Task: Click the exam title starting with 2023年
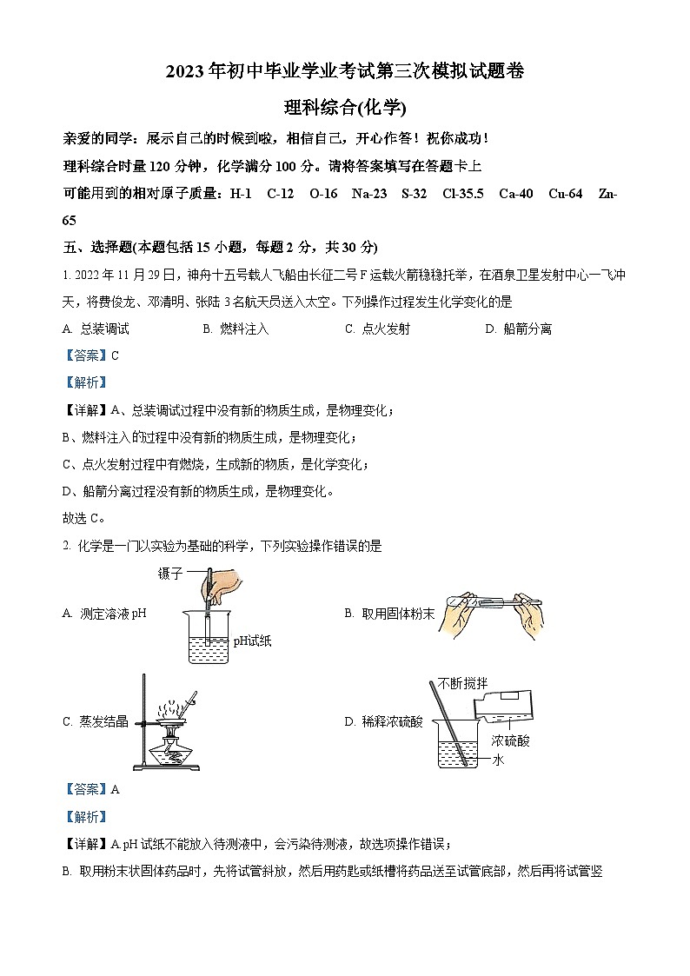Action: [x=345, y=73]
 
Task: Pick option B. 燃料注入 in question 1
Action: [x=236, y=329]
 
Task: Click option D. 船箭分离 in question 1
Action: [x=518, y=329]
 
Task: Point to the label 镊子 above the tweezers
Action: [x=171, y=574]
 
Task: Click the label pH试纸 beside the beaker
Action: [x=252, y=641]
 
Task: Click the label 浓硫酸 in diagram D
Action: [x=510, y=741]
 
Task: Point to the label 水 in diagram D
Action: [x=499, y=759]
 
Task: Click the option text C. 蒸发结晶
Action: [x=96, y=721]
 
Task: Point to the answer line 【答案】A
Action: [x=91, y=790]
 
